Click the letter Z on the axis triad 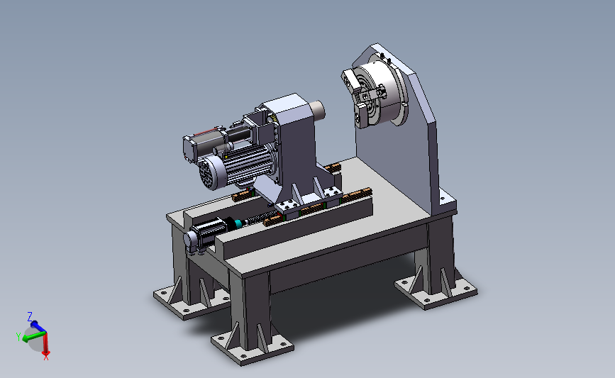(x=30, y=316)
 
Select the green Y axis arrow (x=34, y=336)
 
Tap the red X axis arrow (x=46, y=344)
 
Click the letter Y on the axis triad (x=18, y=336)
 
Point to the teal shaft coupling (x=238, y=224)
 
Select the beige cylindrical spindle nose (x=318, y=110)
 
